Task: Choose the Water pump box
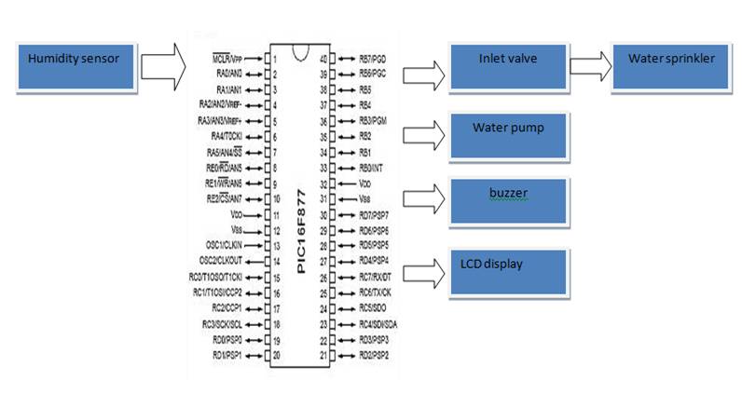507,136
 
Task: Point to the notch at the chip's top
300,51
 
